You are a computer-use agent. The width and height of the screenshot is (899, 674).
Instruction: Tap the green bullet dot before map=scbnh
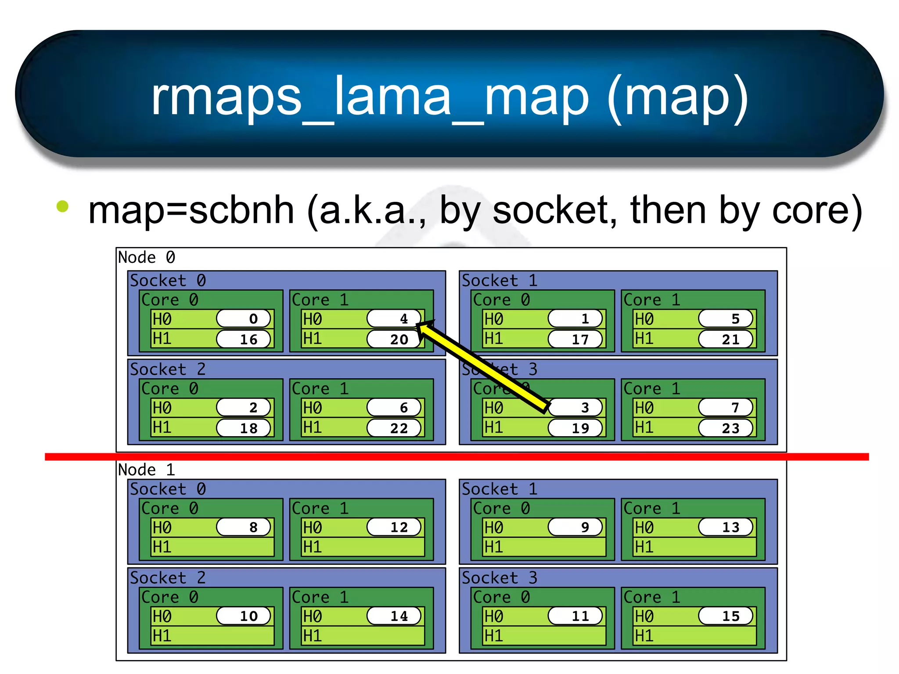63,206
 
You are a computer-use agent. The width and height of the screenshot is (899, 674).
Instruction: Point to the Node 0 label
147,258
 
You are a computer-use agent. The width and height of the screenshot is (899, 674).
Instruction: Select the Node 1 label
147,470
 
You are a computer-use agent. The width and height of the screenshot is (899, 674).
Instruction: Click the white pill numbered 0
244,319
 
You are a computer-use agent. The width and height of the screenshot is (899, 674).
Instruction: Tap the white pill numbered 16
244,339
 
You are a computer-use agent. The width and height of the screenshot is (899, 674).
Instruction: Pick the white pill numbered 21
726,339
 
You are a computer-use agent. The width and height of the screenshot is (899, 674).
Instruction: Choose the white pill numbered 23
726,428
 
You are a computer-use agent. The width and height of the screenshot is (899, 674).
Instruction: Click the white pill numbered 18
244,428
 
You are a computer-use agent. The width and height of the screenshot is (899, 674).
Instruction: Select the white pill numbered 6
394,408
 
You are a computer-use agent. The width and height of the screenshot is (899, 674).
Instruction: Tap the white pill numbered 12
394,527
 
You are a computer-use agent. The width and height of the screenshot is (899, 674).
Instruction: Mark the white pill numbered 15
726,616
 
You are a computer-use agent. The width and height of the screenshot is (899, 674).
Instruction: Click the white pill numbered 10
244,616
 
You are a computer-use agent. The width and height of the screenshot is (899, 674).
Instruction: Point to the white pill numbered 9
575,527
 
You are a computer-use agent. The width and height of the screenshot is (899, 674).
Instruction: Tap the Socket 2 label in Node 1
168,578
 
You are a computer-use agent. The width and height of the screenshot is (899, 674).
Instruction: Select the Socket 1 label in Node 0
500,281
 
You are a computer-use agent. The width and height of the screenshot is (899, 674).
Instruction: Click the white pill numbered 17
575,339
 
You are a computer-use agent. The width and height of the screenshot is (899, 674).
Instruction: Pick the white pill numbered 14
394,616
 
